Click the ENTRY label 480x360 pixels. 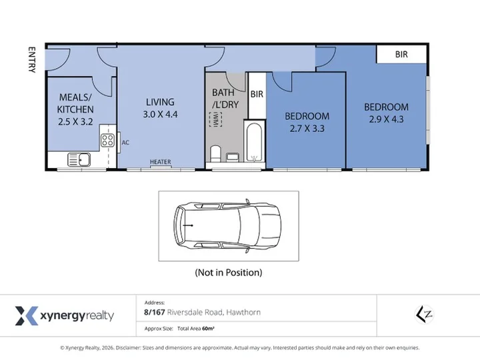(x=32, y=60)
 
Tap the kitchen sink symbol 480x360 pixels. (x=79, y=159)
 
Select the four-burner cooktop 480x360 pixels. (x=108, y=140)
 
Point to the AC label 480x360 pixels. (x=125, y=143)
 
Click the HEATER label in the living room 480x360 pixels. (x=161, y=161)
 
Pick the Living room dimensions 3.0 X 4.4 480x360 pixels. (x=160, y=115)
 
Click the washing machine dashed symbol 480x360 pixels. (x=215, y=119)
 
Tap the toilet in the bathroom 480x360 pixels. (x=215, y=153)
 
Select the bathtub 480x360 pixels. (x=254, y=142)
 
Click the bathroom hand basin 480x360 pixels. (x=233, y=157)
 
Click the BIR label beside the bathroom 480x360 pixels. (x=257, y=94)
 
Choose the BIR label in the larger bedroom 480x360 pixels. (x=401, y=55)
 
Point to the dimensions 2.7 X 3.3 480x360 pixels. (x=307, y=129)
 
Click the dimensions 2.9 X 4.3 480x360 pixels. (x=386, y=119)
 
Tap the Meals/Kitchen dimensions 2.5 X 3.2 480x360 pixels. (x=75, y=122)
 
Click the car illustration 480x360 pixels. (x=227, y=226)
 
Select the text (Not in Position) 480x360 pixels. (x=229, y=273)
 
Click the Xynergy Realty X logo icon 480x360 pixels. (x=27, y=315)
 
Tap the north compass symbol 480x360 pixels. (x=424, y=315)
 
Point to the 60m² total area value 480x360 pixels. (x=208, y=329)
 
